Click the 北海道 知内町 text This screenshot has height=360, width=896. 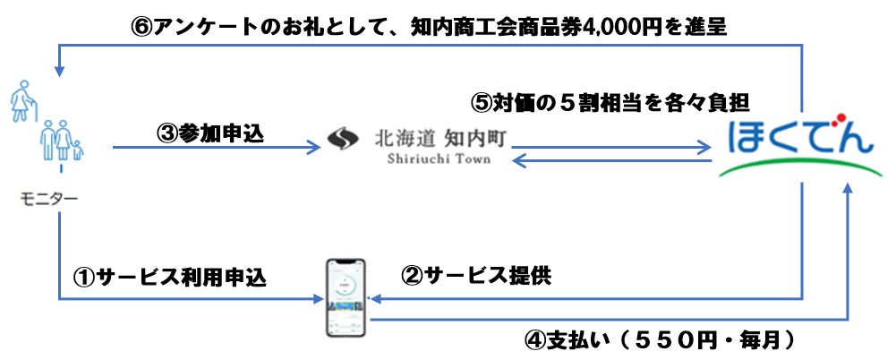(x=437, y=139)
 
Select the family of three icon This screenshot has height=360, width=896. (x=60, y=141)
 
